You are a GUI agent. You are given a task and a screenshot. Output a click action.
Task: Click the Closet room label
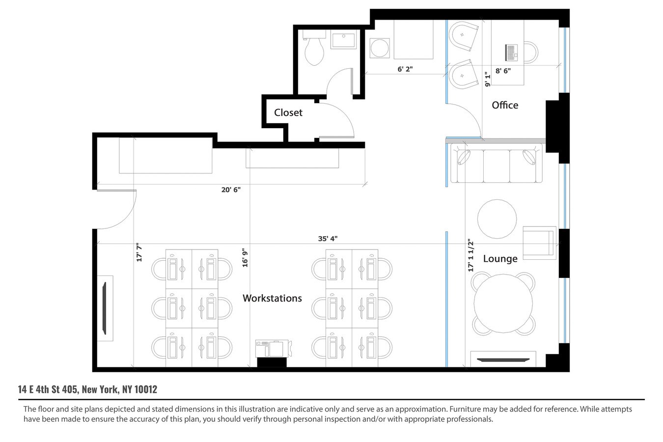pos(288,112)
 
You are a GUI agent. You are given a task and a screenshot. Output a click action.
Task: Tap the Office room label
pos(505,105)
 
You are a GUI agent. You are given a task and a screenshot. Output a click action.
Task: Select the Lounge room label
pos(500,259)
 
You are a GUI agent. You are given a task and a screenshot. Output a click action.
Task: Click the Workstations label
pos(272,298)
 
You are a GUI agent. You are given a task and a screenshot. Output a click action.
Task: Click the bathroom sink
pos(344,39)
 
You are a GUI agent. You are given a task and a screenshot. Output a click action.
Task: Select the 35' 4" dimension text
pos(328,239)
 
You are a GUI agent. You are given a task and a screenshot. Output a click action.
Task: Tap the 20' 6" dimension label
pos(231,190)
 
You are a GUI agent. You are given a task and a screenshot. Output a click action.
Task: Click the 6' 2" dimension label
pos(405,69)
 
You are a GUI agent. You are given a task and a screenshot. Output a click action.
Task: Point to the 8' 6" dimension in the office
pos(503,71)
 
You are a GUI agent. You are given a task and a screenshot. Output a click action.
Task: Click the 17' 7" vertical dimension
pos(139,252)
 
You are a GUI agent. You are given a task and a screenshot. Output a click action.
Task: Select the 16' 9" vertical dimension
pos(245,257)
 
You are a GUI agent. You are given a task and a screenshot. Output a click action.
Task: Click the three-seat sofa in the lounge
pos(497,164)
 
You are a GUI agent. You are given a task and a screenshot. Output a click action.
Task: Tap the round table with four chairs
pos(503,304)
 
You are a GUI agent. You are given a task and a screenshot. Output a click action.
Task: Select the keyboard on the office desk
pos(511,52)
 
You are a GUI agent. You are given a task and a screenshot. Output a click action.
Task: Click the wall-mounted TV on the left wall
pos(105,308)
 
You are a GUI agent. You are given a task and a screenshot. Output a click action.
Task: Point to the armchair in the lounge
pos(539,243)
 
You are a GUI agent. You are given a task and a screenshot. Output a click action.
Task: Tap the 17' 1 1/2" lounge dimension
pos(470,255)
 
